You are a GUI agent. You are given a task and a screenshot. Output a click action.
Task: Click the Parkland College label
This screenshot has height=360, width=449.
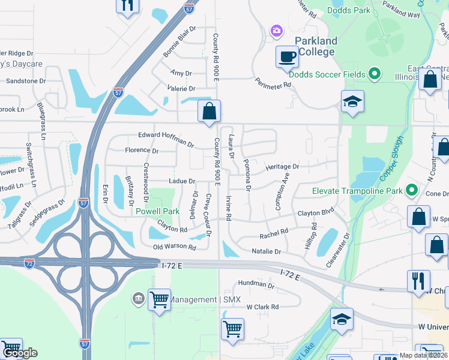pos(316,46)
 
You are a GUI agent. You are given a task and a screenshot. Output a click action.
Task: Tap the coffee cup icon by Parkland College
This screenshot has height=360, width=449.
pos(287,57)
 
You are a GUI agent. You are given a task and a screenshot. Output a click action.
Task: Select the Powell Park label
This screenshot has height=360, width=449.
pos(158,211)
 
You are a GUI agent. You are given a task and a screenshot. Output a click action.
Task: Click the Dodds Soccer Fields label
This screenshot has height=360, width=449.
pos(327,74)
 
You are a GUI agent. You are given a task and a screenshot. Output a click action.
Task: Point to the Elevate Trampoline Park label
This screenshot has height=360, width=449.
pos(358,191)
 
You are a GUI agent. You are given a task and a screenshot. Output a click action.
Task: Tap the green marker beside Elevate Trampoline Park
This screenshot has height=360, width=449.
pos(412,191)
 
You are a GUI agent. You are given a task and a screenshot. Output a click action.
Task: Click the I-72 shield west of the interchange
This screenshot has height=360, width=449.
pos(29,263)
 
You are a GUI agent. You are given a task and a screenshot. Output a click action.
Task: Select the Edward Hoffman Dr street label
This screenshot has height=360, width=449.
pos(166,139)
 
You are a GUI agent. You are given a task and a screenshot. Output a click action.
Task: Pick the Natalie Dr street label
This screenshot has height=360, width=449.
pos(267,251)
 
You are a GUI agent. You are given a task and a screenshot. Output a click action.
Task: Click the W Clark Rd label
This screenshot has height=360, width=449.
pos(262,307)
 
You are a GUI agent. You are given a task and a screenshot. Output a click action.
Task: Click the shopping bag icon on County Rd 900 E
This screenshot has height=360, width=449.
pos(209,112)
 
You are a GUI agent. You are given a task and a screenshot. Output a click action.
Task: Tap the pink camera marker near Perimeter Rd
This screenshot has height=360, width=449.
pos(277,30)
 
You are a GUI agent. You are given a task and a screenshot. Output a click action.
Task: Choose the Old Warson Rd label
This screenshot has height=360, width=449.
pos(175,247)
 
